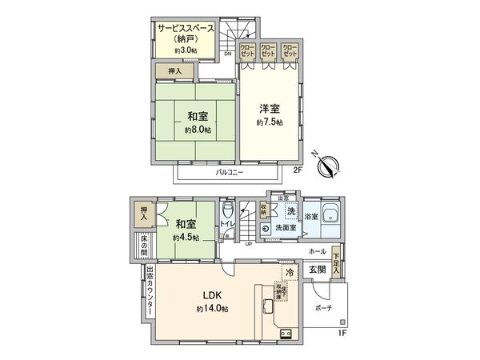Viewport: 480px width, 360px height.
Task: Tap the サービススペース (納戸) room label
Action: tap(186, 34)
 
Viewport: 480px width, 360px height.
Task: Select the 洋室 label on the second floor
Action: tap(269, 109)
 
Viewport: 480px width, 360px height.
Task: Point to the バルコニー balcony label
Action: tap(229, 172)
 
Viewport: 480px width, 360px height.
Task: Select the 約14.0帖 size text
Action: tap(212, 309)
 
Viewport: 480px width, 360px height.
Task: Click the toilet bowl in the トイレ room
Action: tap(227, 214)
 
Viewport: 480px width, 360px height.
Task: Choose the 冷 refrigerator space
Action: tap(289, 273)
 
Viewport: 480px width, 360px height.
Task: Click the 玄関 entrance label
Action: tap(318, 270)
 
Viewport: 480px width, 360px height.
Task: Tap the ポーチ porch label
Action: tap(323, 307)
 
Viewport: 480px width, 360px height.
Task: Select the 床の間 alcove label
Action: tap(145, 244)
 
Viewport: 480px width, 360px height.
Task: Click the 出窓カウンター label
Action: tap(150, 294)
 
